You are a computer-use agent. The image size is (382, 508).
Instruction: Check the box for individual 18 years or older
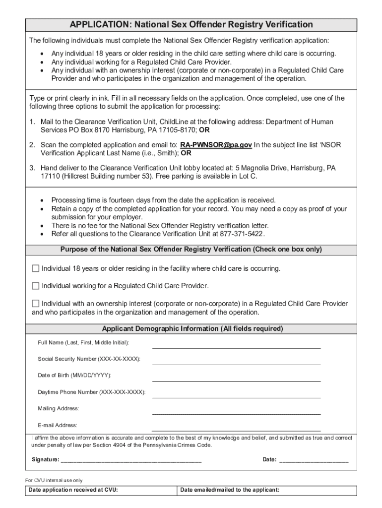35,268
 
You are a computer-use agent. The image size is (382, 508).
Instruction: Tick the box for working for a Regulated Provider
35,286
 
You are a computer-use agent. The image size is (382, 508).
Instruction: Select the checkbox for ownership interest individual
35,303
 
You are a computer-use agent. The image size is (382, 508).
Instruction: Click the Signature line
131,460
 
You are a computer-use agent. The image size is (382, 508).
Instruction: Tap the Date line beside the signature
314,460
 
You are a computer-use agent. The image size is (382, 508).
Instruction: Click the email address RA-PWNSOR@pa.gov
216,144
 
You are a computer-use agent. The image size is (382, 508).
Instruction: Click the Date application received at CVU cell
102,490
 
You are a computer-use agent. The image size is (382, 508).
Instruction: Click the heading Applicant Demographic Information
192,328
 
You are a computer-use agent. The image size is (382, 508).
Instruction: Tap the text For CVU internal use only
54,480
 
